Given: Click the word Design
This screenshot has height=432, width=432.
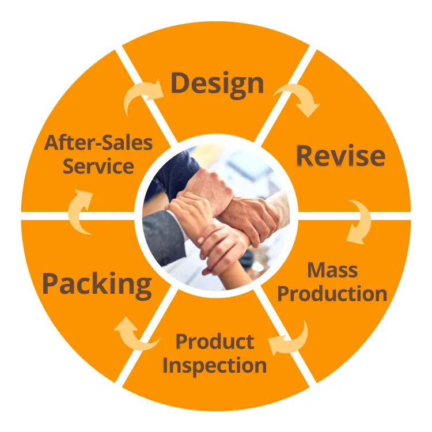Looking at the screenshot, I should tap(217, 84).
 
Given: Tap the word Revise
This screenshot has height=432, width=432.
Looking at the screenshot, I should tap(340, 156).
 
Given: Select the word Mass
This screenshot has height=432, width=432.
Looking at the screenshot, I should tap(332, 270).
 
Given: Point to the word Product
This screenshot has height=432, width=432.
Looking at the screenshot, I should tap(214, 341).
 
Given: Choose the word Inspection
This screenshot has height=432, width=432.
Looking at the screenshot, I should tap(214, 365).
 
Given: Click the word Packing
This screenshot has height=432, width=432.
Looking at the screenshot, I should tap(97, 284).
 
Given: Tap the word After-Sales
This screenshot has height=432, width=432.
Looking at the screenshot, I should tap(98, 142).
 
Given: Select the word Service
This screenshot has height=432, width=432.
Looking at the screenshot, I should tap(98, 166).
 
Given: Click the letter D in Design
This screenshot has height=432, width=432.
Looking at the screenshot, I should tap(180, 84).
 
